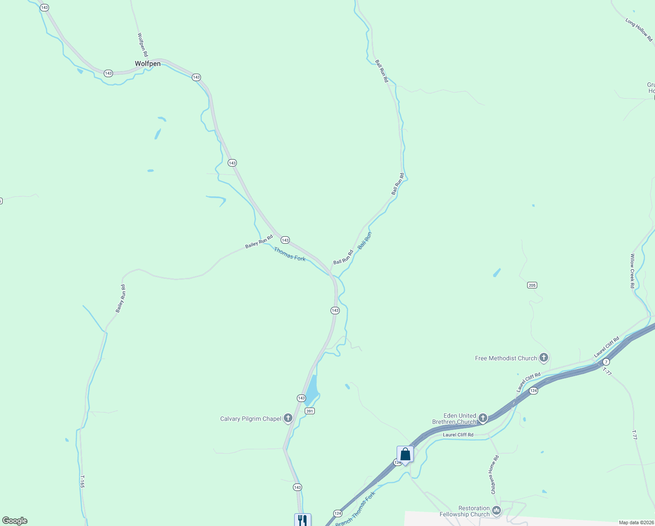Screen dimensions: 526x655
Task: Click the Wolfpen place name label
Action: tap(148, 64)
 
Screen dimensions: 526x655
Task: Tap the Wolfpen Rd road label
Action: tap(143, 45)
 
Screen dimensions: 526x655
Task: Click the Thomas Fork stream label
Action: tap(289, 254)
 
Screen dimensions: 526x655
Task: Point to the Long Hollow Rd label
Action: tap(639, 30)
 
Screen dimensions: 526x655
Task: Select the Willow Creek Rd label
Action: tap(632, 271)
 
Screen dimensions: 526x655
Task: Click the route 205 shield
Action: tap(532, 285)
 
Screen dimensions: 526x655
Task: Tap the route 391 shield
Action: tap(310, 411)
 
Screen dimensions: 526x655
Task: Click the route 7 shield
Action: tap(606, 362)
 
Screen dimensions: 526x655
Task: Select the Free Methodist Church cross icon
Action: tap(544, 358)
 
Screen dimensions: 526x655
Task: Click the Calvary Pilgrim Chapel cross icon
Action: tap(288, 418)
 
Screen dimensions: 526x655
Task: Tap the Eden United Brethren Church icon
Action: tap(483, 418)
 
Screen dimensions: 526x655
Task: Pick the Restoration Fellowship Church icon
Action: tap(497, 511)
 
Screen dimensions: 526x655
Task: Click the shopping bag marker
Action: tap(405, 455)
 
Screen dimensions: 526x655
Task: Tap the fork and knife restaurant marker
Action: tap(303, 520)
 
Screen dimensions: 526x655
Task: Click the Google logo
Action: tap(15, 521)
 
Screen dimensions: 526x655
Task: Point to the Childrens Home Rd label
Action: tap(495, 475)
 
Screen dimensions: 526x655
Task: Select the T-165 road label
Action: tap(82, 482)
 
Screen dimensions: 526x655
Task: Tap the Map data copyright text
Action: tap(636, 522)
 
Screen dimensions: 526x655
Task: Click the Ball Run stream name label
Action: tap(365, 241)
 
